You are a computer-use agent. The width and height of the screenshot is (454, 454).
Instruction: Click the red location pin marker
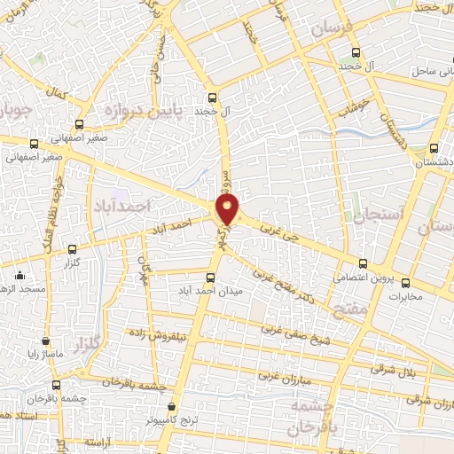[228, 210]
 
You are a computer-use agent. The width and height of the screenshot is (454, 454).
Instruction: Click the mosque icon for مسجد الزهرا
[20, 275]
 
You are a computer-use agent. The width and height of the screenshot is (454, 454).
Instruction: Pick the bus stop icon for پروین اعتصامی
[363, 263]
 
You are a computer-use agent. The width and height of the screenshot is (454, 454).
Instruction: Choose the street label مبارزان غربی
[288, 366]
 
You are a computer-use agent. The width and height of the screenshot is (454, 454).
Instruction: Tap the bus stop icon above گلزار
[72, 249]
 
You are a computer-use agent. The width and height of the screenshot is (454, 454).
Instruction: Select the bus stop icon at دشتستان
[434, 149]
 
